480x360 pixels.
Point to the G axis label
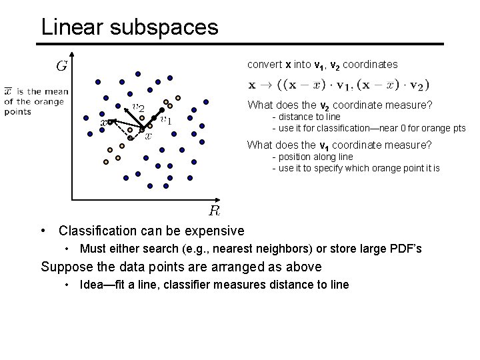pos(61,65)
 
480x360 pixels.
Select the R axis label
pos(215,211)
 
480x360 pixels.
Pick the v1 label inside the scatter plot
pos(166,120)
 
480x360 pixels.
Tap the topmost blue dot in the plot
pos(138,73)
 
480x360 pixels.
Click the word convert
pos(265,65)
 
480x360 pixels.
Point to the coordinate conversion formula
pos(339,85)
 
